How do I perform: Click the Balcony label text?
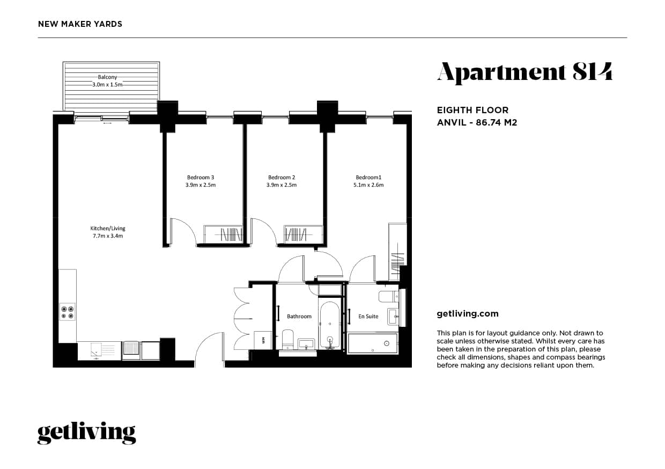[107, 77]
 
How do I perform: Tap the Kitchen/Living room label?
[108, 229]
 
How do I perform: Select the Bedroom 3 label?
[201, 178]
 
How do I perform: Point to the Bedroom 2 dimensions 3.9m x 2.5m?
[282, 185]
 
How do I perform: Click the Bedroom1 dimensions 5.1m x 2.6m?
[368, 185]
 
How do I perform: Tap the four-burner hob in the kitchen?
[68, 312]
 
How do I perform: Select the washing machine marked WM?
[263, 340]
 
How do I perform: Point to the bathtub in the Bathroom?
[329, 325]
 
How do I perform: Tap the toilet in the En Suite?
[388, 296]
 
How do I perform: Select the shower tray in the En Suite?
[373, 343]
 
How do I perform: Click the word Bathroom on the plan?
[299, 317]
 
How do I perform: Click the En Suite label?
[368, 317]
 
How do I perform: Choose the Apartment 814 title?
[524, 72]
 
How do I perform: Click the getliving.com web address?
[468, 314]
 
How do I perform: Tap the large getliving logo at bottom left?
[86, 433]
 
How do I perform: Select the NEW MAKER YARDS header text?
[80, 24]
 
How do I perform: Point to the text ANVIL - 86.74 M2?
[477, 122]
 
